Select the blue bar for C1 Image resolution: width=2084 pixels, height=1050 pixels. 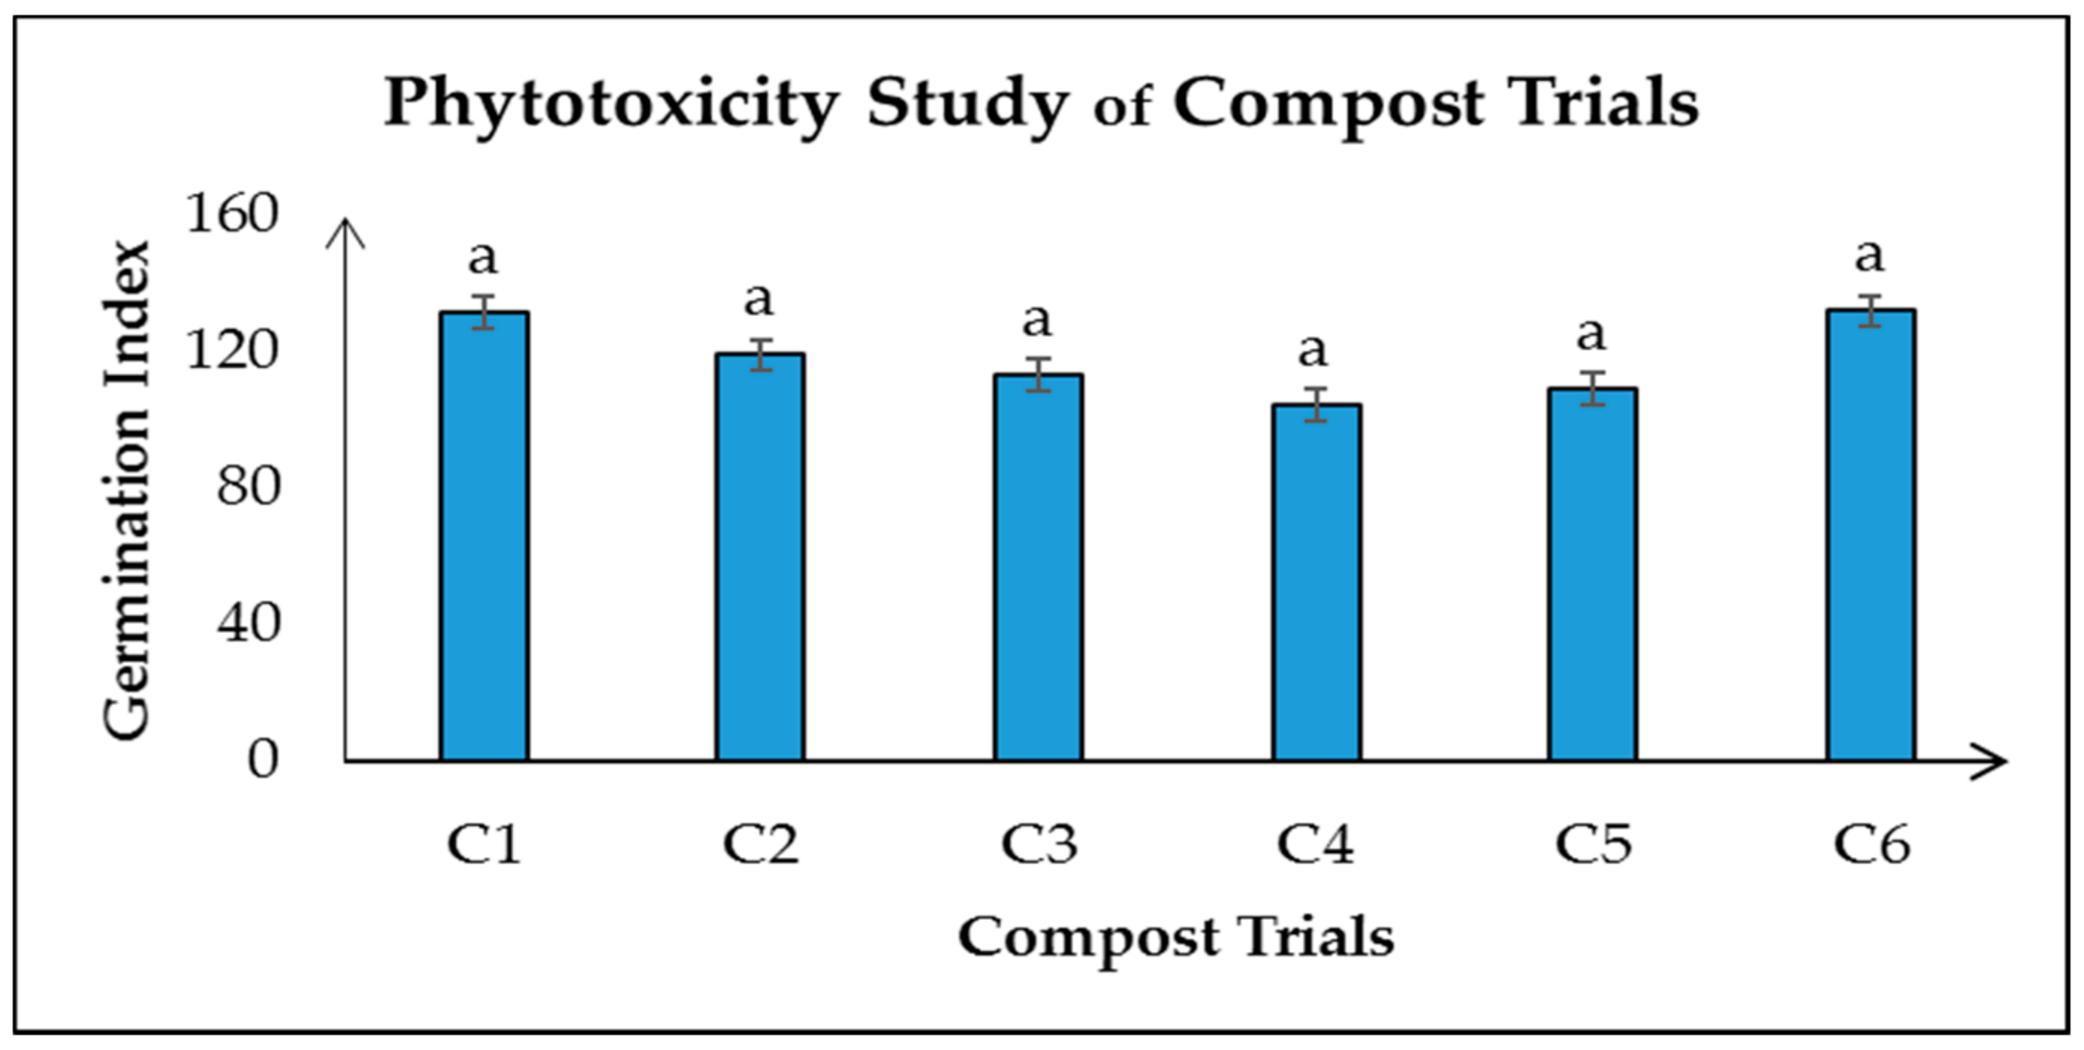tap(484, 537)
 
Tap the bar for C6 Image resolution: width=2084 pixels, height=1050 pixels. tap(1871, 536)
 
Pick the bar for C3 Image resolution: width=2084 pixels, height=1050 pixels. tap(1039, 568)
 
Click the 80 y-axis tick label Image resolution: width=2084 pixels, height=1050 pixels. tap(249, 487)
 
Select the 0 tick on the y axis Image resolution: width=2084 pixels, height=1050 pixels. tap(263, 759)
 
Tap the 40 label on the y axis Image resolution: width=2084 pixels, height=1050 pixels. tap(249, 623)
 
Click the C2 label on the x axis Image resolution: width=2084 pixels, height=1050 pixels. tap(761, 844)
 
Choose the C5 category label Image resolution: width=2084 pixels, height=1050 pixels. tap(1593, 844)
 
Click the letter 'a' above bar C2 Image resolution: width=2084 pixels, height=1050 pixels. tap(758, 300)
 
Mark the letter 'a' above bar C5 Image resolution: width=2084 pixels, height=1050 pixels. tap(1591, 333)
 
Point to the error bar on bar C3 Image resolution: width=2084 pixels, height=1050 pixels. tap(1039, 375)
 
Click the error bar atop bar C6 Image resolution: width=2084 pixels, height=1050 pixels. tap(1871, 311)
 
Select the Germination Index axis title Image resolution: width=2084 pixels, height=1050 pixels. tap(127, 489)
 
